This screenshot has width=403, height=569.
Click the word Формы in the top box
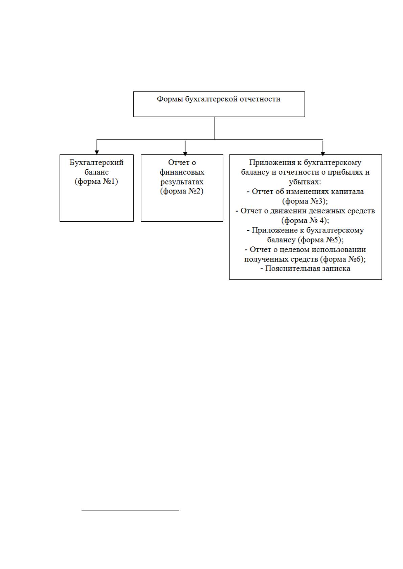click(170, 99)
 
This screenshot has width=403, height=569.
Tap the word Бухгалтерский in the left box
click(96, 163)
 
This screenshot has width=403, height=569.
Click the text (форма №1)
click(96, 182)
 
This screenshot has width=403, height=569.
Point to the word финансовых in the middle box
click(182, 172)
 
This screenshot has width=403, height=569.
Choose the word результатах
click(182, 182)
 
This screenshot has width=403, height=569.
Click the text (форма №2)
click(182, 191)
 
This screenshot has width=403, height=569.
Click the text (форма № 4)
click(305, 221)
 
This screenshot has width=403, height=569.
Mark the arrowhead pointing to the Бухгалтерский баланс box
click(97, 152)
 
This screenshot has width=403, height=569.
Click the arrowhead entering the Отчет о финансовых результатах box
click(185, 154)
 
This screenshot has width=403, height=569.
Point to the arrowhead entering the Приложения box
click(323, 153)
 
